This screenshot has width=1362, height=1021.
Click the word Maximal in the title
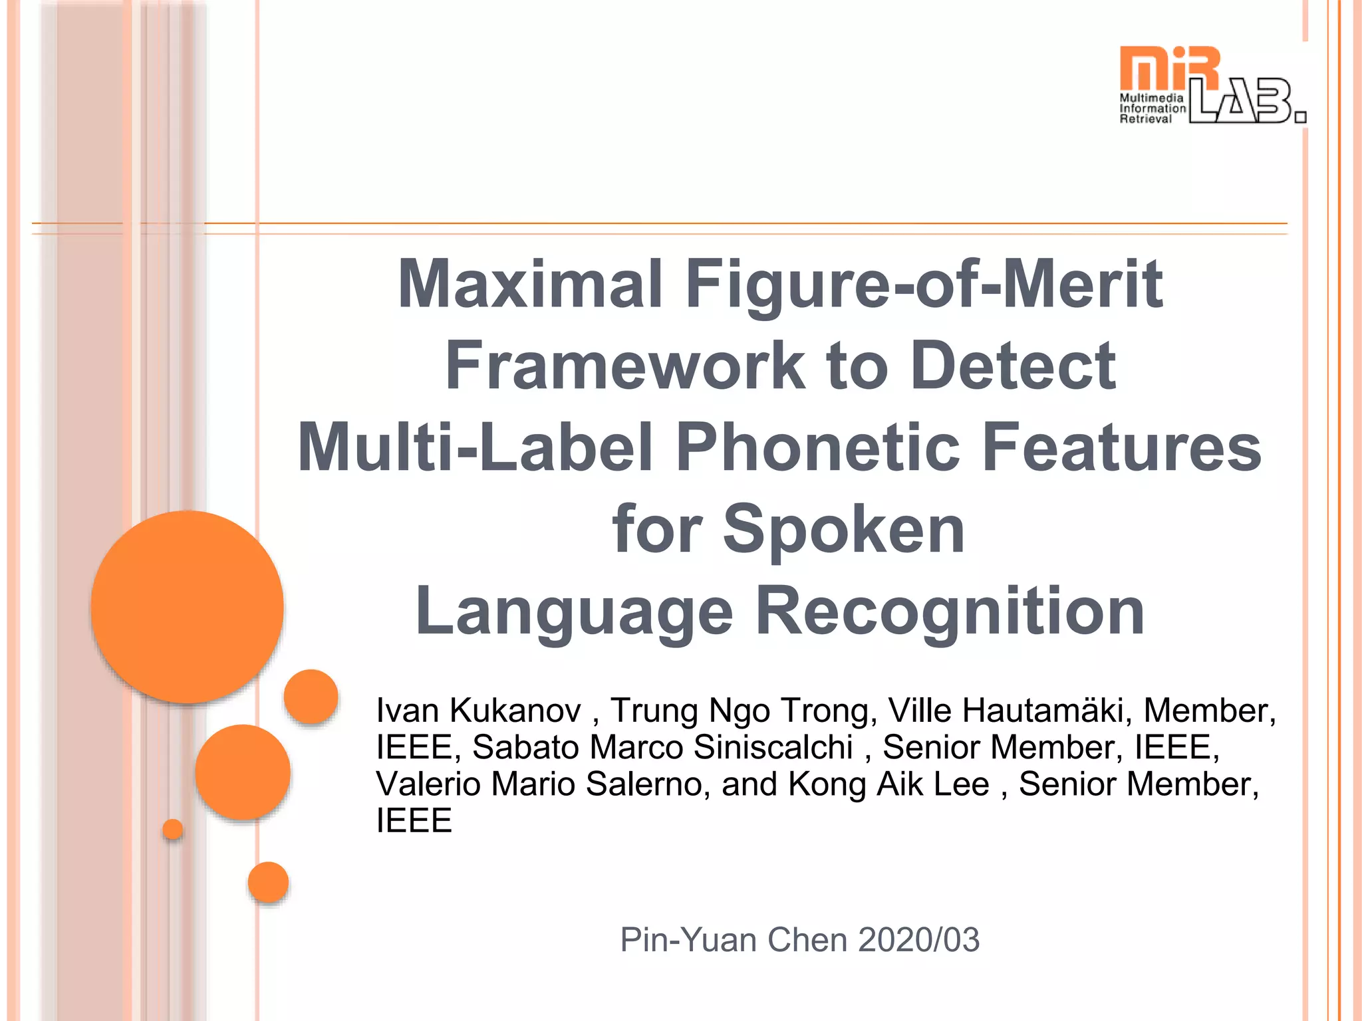tap(530, 284)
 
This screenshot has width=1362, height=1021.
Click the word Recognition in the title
tap(951, 611)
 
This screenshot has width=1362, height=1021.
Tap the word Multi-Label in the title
tap(475, 447)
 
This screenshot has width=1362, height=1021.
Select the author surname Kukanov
tap(515, 711)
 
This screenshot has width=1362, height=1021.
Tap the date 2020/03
tap(918, 940)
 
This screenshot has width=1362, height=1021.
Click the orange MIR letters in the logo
tap(1169, 68)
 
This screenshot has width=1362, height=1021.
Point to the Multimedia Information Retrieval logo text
tap(1152, 108)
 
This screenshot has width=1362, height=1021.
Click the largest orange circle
tap(188, 606)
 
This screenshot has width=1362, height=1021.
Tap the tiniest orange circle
tap(173, 829)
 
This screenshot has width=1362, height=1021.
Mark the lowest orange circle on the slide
tap(268, 882)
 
